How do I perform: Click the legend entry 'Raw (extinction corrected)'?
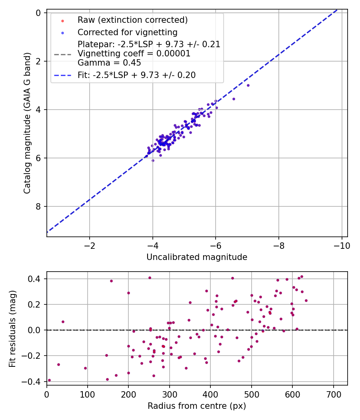pos(132,20)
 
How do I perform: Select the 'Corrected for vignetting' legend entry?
pos(127,32)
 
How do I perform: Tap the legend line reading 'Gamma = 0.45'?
pos(109,63)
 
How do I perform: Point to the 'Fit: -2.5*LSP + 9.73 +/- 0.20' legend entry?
pos(136,75)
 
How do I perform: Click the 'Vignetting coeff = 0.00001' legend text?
pos(134,54)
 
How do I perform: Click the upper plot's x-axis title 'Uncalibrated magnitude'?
pos(197,257)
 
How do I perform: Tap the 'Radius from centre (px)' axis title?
pos(197,406)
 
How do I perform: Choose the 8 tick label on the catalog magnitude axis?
pos(38,206)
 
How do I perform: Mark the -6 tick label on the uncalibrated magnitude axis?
pos(216,245)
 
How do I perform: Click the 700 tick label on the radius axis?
pos(334,394)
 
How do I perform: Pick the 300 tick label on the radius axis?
pos(170,394)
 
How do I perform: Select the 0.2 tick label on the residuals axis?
pos(36,304)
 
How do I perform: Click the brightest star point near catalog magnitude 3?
pos(248,85)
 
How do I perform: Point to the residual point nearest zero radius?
pos(49,380)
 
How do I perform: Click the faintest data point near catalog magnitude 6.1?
pos(153,160)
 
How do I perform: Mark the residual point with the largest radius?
pos(306,300)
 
